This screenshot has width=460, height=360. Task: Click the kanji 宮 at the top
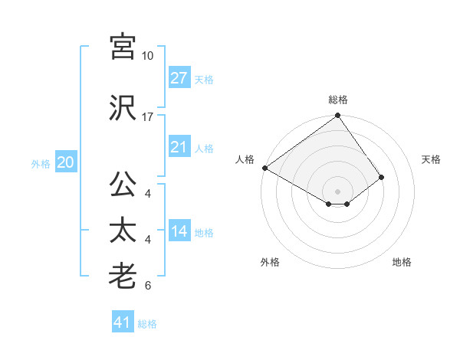point(123,47)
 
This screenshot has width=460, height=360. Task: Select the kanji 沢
point(123,107)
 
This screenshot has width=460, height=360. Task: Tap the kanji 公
point(123,185)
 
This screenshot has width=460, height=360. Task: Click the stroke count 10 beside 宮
point(147,56)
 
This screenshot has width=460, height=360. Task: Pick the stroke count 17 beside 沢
point(147,117)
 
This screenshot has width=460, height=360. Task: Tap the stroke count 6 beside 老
point(147,286)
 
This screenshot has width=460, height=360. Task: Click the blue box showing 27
point(179,78)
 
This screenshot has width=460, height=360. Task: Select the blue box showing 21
point(179,148)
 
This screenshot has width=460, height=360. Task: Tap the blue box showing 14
point(179,232)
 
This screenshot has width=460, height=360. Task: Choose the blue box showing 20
point(65,162)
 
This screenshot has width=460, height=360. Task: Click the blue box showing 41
point(123,322)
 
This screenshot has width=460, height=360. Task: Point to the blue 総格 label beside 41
point(147,324)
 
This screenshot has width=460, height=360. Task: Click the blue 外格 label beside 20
point(41,163)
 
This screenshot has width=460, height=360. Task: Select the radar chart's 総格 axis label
point(338,100)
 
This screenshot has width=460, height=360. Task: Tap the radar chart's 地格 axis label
point(402,262)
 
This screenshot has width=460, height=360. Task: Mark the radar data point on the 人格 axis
point(264,168)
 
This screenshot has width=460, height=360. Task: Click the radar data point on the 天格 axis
point(381,177)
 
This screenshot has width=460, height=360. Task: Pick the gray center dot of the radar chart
point(337,191)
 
